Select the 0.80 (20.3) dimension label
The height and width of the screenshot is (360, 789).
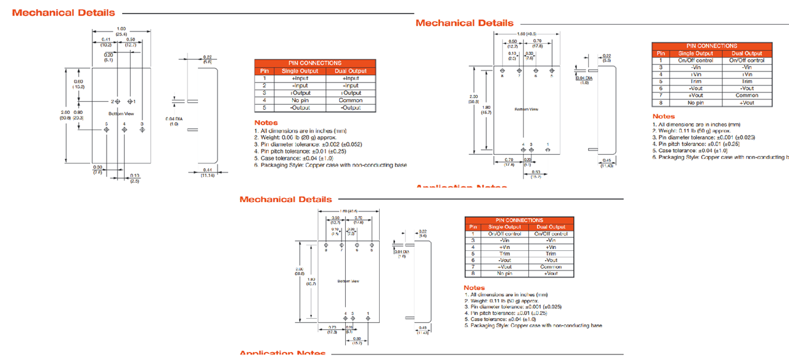pos(78,115)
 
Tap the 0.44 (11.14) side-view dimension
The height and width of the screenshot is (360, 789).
pos(206,173)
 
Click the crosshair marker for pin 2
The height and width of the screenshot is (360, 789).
pos(118,101)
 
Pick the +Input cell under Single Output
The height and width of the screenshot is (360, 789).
pos(300,78)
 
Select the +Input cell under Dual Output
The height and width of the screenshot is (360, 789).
pos(351,78)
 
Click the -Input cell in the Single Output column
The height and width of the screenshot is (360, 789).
pos(300,86)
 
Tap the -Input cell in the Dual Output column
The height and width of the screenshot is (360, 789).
pos(351,86)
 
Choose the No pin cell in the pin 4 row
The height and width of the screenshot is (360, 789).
pos(300,100)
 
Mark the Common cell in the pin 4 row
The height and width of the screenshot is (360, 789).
pos(351,100)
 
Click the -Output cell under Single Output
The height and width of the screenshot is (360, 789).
pos(300,108)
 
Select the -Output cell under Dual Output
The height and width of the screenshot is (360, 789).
pos(351,108)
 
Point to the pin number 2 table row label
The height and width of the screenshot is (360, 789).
pos(264,86)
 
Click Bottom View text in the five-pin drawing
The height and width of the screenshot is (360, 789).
pos(121,114)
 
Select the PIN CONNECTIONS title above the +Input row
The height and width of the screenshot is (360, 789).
pos(314,63)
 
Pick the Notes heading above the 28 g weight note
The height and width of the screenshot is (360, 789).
pos(266,123)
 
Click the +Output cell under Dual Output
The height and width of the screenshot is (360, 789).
pos(351,93)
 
